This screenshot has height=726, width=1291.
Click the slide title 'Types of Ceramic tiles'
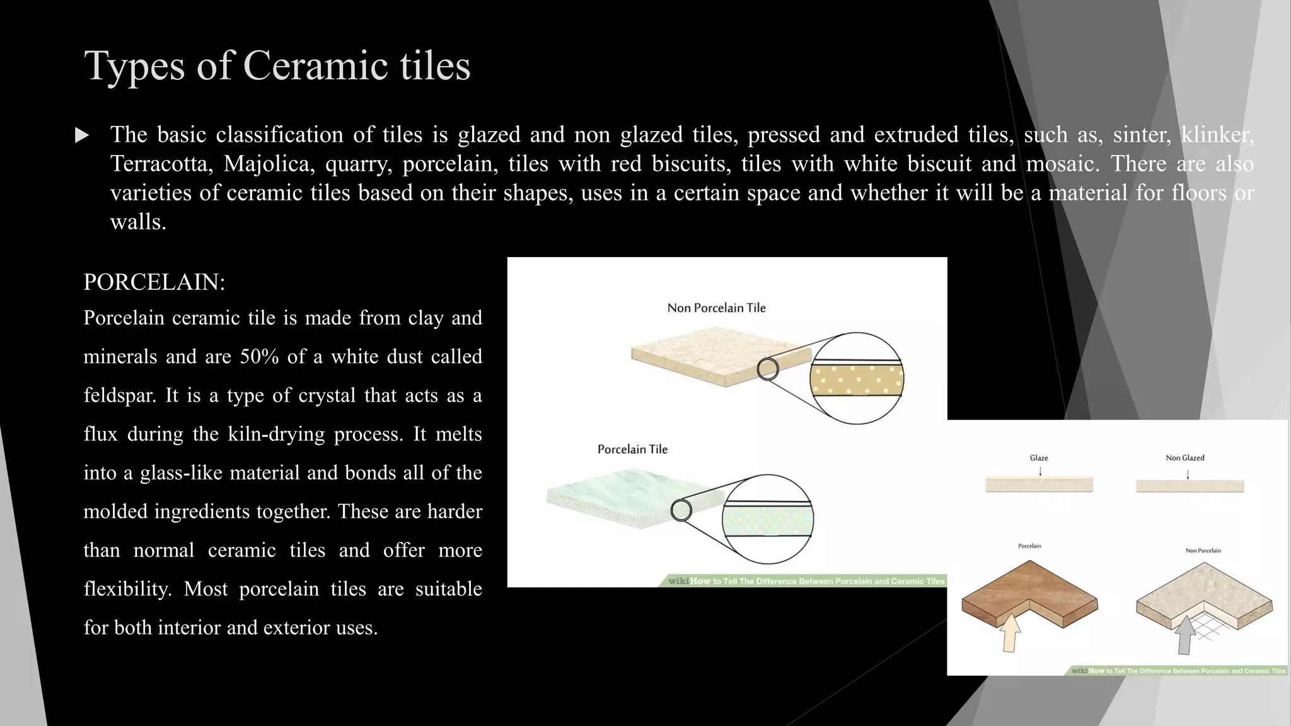(x=277, y=66)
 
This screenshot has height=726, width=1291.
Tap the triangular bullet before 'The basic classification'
(x=82, y=135)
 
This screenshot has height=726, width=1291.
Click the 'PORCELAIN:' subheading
(x=154, y=282)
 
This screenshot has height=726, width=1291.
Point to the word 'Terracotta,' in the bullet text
(x=162, y=164)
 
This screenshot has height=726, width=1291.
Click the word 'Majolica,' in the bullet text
(x=269, y=164)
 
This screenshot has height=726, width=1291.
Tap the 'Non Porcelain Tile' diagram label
(x=717, y=308)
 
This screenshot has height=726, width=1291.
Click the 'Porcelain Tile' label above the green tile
(x=632, y=449)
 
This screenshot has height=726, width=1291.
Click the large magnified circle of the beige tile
(x=857, y=378)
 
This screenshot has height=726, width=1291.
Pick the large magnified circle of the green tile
(x=768, y=519)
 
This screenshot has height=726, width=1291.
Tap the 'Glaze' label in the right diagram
(x=1039, y=458)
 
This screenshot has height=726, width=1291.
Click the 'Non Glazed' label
(x=1184, y=458)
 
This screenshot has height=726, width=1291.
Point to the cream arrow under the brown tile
(x=1010, y=633)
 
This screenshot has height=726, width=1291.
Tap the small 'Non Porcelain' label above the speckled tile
(x=1203, y=551)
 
